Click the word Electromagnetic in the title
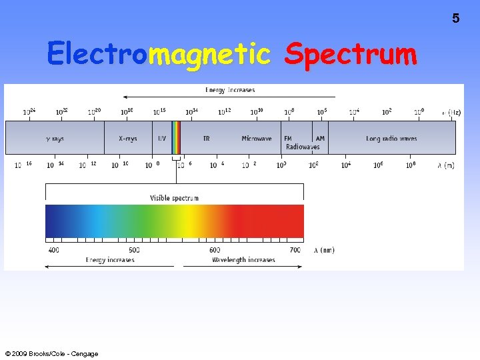(x=159, y=54)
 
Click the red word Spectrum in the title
(x=350, y=54)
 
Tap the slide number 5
(x=456, y=19)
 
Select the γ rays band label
(x=54, y=139)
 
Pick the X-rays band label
(x=127, y=139)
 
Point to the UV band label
(x=162, y=139)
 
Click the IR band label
(x=207, y=139)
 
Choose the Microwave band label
(x=257, y=139)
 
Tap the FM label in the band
(x=288, y=139)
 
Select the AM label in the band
(x=320, y=139)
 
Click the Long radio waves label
(x=391, y=139)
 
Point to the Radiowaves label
(x=303, y=147)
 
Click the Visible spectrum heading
(x=174, y=198)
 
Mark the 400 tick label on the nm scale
(x=53, y=250)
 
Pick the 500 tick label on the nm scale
(x=134, y=250)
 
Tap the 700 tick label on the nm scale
(x=295, y=250)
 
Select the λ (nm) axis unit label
(x=324, y=250)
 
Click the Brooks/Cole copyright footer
(x=51, y=353)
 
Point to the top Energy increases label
(x=230, y=89)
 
